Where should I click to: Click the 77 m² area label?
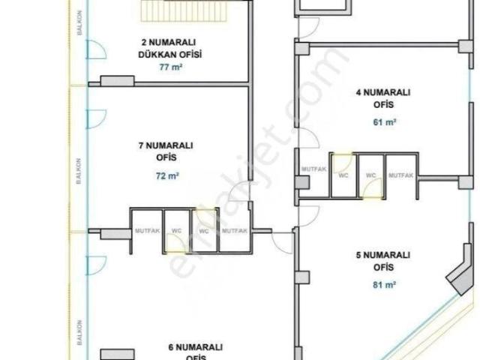point(172,67)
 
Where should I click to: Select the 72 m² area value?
point(167,176)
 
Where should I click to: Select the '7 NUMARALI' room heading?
point(166,145)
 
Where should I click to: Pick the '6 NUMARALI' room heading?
point(196,347)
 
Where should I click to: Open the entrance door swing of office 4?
point(308,138)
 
